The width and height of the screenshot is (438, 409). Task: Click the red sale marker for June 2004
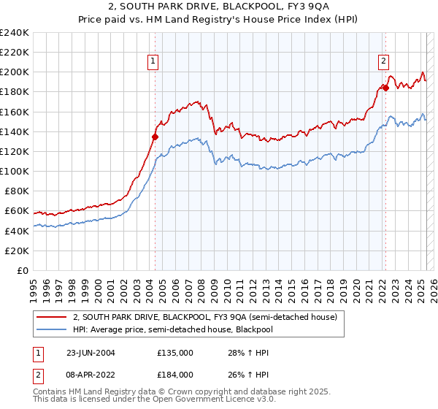pyautogui.click(x=155, y=137)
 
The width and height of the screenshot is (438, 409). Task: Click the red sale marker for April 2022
pyautogui.click(x=385, y=88)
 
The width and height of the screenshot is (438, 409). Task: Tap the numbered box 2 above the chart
pyautogui.click(x=383, y=62)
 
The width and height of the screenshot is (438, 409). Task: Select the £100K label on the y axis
pyautogui.click(x=15, y=171)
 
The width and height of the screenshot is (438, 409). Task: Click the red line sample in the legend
pyautogui.click(x=52, y=317)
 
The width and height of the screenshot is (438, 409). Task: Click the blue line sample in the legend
pyautogui.click(x=52, y=329)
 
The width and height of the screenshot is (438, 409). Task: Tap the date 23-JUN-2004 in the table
pyautogui.click(x=91, y=353)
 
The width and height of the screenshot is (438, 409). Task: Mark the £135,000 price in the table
pyautogui.click(x=175, y=353)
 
